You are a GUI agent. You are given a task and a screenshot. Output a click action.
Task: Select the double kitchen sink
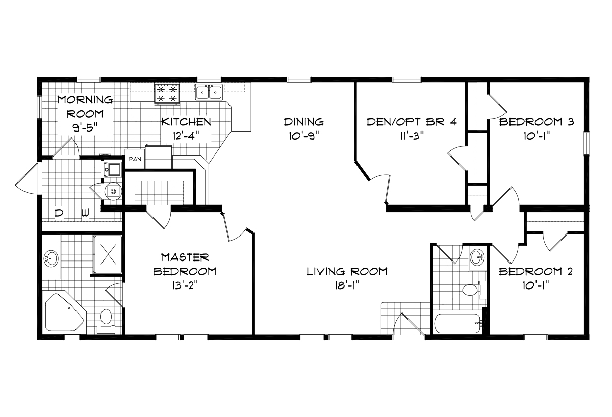pos(209,92)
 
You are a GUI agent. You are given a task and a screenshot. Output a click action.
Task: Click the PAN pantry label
pos(135,159)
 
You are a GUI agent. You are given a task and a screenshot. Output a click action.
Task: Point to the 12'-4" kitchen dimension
pos(186,136)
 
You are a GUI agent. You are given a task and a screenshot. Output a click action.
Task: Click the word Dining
pos(304,122)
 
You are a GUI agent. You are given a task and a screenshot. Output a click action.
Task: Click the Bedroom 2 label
pos(535,271)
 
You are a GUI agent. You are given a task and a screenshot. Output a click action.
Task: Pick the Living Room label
pos(347,271)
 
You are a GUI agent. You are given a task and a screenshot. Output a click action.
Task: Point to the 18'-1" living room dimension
pos(347,285)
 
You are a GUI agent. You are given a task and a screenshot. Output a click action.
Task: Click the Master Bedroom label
pos(185,264)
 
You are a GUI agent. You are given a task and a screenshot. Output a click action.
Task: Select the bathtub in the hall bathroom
pos(457,323)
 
